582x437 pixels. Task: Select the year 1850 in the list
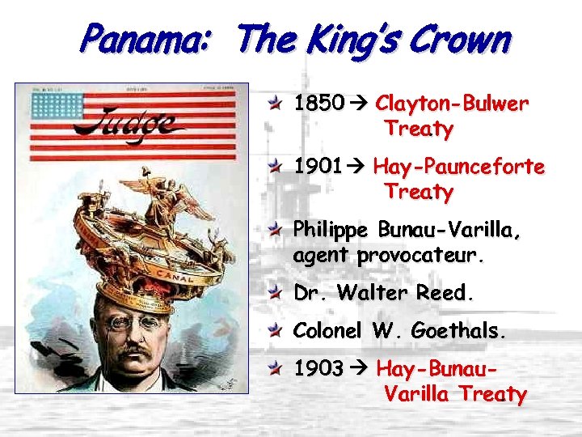point(318,104)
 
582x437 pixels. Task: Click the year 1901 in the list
point(318,168)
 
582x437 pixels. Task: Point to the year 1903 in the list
point(318,369)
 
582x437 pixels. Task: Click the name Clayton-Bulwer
point(452,104)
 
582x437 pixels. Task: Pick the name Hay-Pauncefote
point(458,168)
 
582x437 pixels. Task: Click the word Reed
point(442,293)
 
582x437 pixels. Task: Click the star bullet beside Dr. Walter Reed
point(276,293)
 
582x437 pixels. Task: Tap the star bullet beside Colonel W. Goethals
point(276,331)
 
